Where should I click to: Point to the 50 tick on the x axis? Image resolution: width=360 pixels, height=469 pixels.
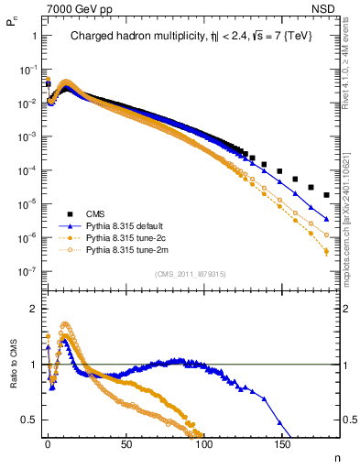(x=125, y=442)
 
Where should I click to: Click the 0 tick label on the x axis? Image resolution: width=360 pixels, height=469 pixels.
(x=48, y=442)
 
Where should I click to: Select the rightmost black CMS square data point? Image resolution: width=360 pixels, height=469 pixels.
(x=327, y=194)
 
